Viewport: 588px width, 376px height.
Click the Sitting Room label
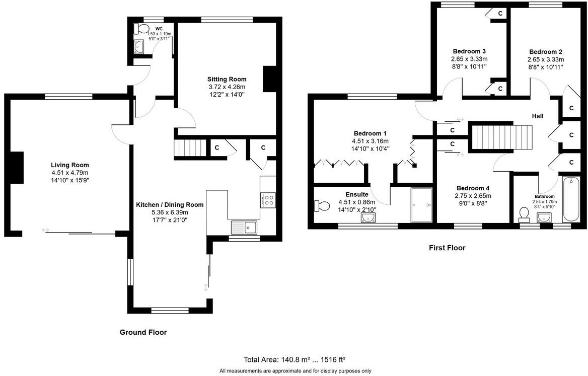(x=227, y=79)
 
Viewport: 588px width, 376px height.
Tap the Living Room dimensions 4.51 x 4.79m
(x=69, y=173)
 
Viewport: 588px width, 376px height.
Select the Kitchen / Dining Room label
(x=170, y=204)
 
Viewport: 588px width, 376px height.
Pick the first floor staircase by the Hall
(x=500, y=137)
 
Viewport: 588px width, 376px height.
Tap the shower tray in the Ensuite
(x=422, y=205)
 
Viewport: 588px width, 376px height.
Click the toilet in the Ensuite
(x=320, y=205)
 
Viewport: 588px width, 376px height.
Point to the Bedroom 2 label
(x=546, y=51)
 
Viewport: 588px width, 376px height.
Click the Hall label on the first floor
(x=538, y=116)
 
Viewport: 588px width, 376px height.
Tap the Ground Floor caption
(x=143, y=332)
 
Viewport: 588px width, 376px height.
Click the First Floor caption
(x=447, y=248)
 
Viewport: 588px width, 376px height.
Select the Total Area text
(x=295, y=359)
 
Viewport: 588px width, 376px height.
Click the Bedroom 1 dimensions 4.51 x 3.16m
(x=370, y=141)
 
